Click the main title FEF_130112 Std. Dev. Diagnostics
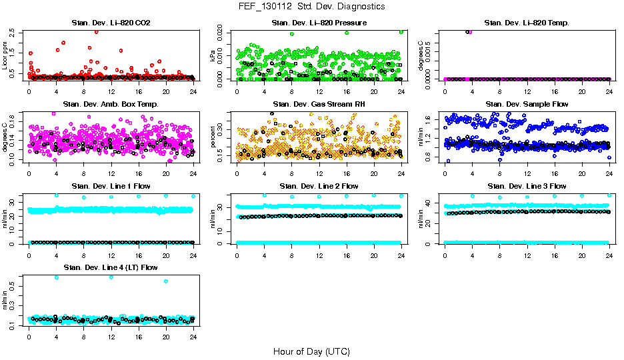tap(311, 6)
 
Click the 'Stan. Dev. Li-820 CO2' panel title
tap(111, 23)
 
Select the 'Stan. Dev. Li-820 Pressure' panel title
tap(319, 23)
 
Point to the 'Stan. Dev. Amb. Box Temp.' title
tap(111, 104)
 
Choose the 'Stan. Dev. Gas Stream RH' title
tap(319, 104)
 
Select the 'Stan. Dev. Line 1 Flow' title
tap(111, 186)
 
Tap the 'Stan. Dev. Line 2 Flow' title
tap(319, 186)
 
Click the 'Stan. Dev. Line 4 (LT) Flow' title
tap(111, 268)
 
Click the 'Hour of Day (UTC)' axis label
tap(311, 351)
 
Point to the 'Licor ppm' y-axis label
tap(6, 55)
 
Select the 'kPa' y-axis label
tap(213, 55)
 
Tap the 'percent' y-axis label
tap(213, 137)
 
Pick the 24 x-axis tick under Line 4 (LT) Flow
tap(193, 336)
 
